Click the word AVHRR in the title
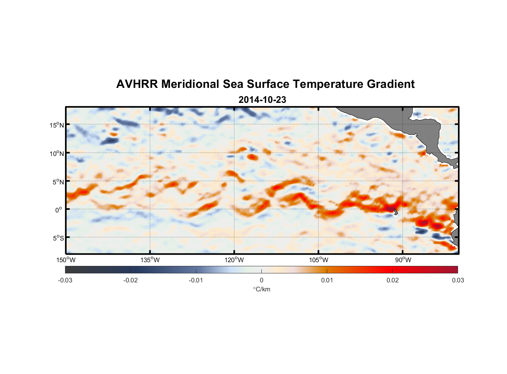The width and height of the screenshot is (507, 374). point(137,84)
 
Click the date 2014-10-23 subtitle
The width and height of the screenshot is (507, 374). point(262,100)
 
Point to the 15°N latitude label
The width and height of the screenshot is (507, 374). point(57,125)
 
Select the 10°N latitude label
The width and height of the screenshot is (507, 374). point(57,153)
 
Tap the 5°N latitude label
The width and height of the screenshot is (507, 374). point(58,182)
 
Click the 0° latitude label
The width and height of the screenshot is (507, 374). point(58,210)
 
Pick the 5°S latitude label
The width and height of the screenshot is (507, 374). point(58,238)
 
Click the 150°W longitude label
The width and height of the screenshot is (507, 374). point(66,260)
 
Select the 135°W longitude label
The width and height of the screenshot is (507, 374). point(150,260)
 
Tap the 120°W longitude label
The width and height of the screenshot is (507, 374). point(234,260)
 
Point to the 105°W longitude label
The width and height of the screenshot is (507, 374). point(319,260)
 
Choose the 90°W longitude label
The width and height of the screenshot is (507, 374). point(403,260)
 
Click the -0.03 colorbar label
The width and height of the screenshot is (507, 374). point(65,280)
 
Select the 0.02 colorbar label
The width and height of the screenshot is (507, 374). point(393,280)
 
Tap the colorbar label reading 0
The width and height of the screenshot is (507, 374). point(261,280)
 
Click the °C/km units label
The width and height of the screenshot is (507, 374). point(261,289)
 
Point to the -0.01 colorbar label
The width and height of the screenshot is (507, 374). point(196,280)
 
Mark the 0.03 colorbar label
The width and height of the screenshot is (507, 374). point(458,280)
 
